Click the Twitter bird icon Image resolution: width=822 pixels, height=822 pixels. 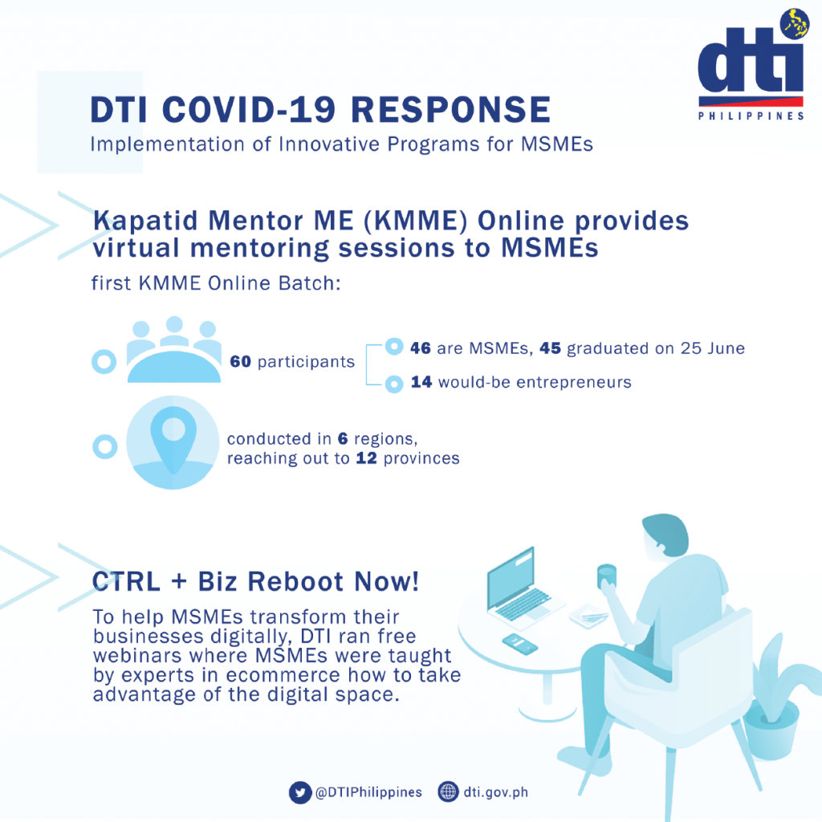coord(300,792)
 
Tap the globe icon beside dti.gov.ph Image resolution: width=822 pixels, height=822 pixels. coord(448,791)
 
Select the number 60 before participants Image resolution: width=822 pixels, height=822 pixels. coord(241,361)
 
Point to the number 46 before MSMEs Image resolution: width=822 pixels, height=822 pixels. coord(421,348)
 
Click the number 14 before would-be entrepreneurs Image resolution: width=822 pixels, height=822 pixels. coord(421,382)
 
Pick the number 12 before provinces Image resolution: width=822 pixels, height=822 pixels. coord(366,458)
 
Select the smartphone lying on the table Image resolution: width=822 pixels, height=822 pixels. coord(519,643)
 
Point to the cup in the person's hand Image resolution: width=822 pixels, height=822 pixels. coord(607,576)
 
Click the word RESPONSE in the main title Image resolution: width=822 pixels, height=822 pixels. coord(450,109)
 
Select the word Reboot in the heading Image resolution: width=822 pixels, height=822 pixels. coord(296,581)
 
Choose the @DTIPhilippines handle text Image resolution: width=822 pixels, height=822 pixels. coord(368,792)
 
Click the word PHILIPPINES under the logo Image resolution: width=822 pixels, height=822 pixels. coord(751,116)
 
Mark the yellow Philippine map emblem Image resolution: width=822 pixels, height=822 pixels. coord(796,24)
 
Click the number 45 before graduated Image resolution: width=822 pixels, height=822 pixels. coord(551,348)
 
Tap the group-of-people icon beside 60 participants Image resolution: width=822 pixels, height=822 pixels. coord(173,349)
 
